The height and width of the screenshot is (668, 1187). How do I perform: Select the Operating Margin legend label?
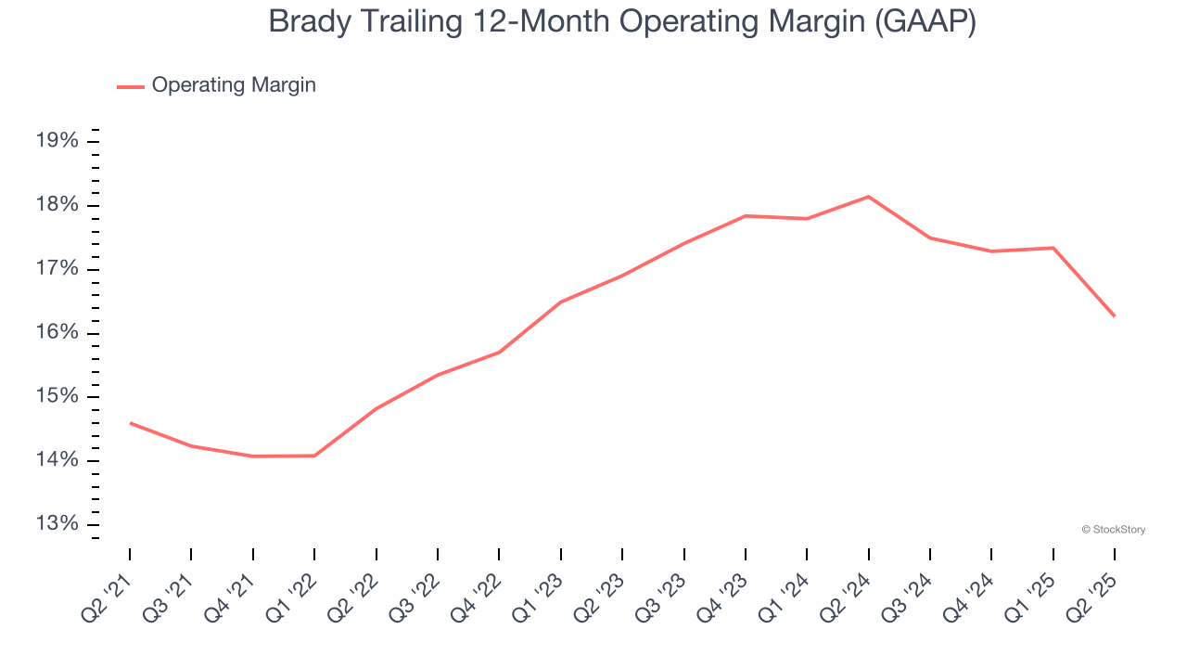(x=234, y=85)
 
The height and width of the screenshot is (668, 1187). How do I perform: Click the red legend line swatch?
(x=130, y=86)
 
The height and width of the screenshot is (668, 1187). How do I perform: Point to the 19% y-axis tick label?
(x=56, y=141)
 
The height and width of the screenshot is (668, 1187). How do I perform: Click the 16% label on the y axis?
(x=56, y=333)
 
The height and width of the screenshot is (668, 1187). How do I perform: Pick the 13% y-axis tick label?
(x=56, y=524)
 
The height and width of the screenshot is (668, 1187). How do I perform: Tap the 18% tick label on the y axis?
(x=56, y=205)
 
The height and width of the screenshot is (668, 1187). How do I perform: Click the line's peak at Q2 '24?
(x=868, y=197)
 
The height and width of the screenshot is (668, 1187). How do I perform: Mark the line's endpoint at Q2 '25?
(x=1114, y=315)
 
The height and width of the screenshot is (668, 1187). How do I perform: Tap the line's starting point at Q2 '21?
(x=130, y=423)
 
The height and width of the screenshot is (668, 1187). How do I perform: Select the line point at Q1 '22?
(x=314, y=456)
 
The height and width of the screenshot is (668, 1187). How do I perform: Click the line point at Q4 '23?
(x=746, y=216)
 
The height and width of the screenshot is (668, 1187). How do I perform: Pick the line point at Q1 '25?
(x=1053, y=248)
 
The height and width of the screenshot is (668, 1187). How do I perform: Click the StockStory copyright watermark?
(x=1113, y=530)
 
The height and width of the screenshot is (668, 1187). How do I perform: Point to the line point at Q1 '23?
(x=561, y=302)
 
